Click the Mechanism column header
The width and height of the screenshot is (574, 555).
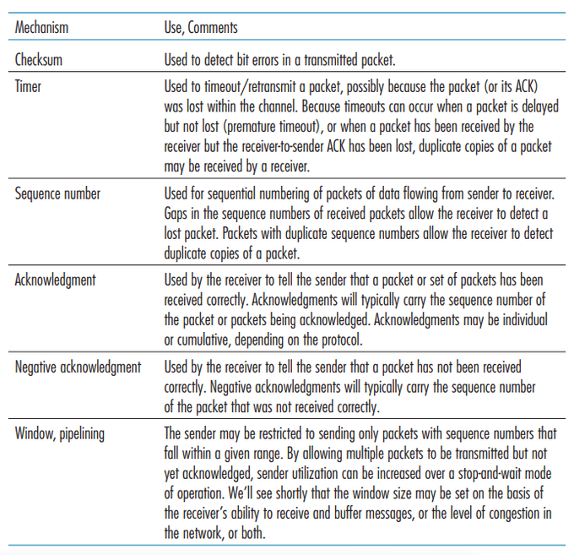coord(41,28)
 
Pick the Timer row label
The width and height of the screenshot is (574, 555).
coord(29,85)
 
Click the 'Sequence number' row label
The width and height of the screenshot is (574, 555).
coord(57,193)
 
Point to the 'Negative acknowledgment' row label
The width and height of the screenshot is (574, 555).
coord(78,367)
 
